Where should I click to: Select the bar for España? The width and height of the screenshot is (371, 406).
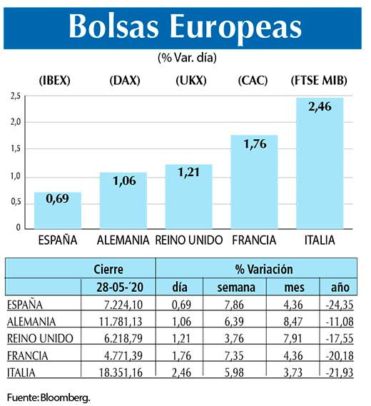58,211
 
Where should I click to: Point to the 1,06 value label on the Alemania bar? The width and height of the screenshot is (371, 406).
123,182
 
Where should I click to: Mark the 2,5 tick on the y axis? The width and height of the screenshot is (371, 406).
14,96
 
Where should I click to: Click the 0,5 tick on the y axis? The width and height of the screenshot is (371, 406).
14,203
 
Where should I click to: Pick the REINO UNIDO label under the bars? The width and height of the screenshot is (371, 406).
189,240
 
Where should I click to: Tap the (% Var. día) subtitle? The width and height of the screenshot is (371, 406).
185,56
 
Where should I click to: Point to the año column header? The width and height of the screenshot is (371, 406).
340,288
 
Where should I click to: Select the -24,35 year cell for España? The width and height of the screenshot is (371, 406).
339,305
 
